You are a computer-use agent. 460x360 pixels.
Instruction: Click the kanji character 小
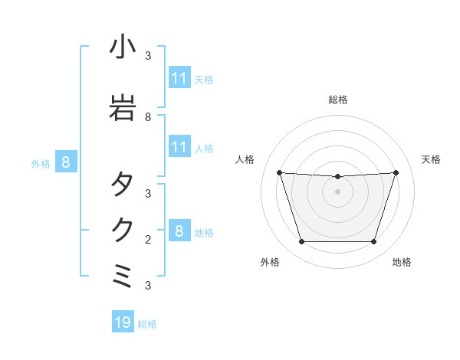click(123, 49)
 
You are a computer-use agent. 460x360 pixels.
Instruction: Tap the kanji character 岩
click(123, 105)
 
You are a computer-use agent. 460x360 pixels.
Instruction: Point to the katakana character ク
click(123, 230)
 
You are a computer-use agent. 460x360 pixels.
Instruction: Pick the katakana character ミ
click(123, 276)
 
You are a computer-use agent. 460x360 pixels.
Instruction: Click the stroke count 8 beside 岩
click(148, 118)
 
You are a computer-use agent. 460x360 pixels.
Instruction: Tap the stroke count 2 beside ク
click(148, 240)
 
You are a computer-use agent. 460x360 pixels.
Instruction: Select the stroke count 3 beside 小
click(148, 56)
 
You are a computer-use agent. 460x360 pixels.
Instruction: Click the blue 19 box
click(123, 322)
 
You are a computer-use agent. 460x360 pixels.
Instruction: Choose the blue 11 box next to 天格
click(179, 78)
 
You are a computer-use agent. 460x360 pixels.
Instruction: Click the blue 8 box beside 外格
click(66, 162)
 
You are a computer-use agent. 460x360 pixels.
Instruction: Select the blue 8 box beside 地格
click(179, 231)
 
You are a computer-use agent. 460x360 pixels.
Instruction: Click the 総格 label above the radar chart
click(338, 100)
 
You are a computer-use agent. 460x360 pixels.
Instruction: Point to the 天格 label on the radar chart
click(432, 159)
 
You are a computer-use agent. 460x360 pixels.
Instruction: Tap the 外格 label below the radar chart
click(270, 262)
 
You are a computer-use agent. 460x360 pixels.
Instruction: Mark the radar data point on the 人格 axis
click(279, 172)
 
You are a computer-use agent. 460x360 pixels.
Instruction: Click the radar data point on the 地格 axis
click(373, 242)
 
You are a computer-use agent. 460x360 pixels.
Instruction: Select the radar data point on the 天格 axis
click(396, 172)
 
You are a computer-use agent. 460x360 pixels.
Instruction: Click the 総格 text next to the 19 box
click(147, 324)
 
